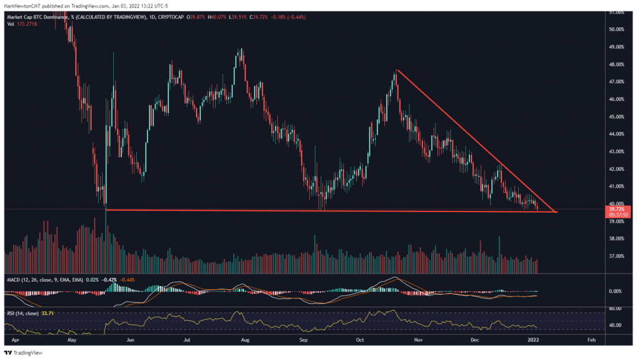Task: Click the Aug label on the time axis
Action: [x=245, y=341]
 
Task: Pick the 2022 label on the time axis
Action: [x=534, y=341]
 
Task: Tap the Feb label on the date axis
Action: [x=592, y=341]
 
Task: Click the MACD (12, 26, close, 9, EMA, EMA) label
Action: [x=45, y=280]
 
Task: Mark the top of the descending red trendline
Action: [x=396, y=70]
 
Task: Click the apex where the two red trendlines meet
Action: [x=556, y=212]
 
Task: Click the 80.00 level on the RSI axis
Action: [x=615, y=308]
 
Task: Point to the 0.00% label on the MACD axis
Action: [x=615, y=291]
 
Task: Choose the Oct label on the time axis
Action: [x=360, y=341]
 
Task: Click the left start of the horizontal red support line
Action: [x=106, y=210]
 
